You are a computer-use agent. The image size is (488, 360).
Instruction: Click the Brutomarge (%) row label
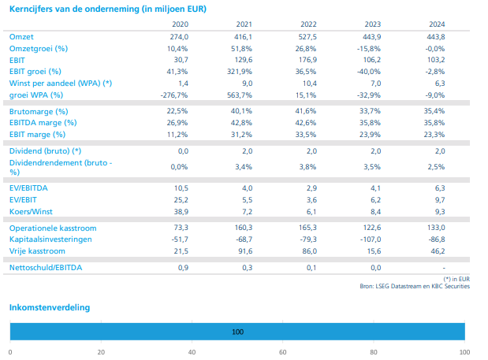(39, 111)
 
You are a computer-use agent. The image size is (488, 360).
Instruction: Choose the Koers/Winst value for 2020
(180, 213)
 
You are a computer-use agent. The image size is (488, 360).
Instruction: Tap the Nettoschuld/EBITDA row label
(47, 268)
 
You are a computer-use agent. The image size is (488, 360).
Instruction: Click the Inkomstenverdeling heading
(49, 306)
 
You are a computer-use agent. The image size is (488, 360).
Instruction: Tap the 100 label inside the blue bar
(237, 332)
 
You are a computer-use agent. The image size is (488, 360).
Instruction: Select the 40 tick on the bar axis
(192, 351)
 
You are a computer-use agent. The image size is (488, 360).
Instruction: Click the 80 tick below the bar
(374, 351)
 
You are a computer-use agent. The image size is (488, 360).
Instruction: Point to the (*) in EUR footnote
(456, 279)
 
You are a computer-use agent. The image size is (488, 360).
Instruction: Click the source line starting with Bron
(423, 286)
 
